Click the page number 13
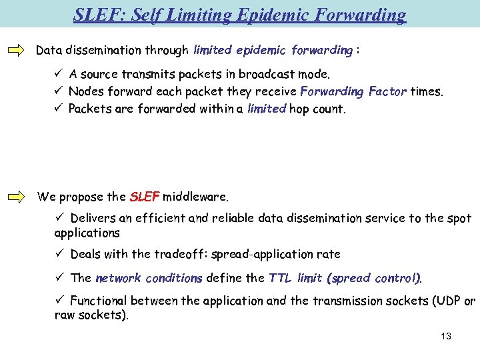446,336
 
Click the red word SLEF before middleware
145,197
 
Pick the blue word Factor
386,91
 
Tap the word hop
299,109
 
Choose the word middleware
195,197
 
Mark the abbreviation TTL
281,278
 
